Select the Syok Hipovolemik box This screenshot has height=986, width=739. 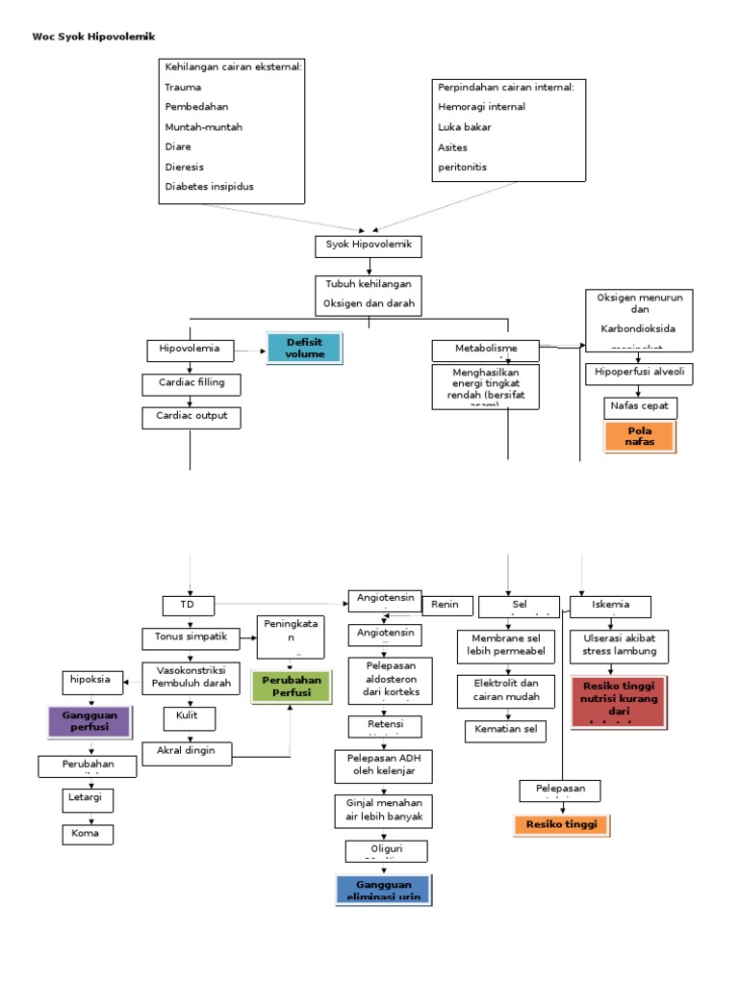coord(369,246)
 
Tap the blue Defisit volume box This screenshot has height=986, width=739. coord(304,348)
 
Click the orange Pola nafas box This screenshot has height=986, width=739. coord(639,435)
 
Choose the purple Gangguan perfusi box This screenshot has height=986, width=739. coord(89,721)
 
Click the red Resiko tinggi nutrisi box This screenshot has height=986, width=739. coord(617,700)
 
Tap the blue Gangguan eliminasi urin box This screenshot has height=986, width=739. coord(383,890)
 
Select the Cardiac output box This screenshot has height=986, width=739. coord(191,417)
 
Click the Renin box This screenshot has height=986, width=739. coord(446,606)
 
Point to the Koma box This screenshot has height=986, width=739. coord(87,833)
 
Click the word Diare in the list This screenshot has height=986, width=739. coord(178,146)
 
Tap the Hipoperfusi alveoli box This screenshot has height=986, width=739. coord(639,373)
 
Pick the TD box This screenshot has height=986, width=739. coord(189,605)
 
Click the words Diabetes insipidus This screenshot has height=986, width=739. coord(210,187)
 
